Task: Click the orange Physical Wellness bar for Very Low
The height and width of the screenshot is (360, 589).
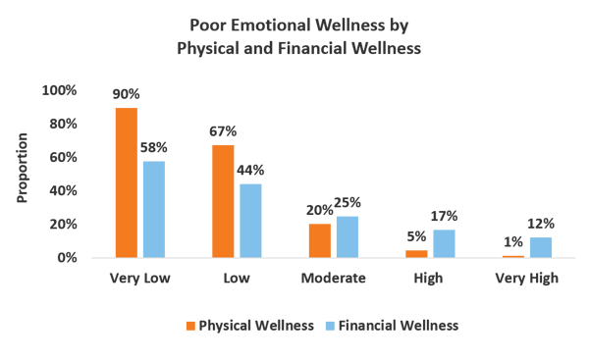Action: click(x=126, y=182)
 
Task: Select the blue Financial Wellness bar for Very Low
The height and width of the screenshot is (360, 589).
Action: click(x=154, y=209)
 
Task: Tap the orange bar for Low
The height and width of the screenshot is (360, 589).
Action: click(x=223, y=201)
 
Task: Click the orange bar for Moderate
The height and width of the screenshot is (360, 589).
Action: click(x=320, y=240)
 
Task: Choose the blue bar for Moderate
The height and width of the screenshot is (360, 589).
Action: click(x=348, y=236)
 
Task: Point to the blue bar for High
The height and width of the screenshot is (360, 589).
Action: click(x=444, y=243)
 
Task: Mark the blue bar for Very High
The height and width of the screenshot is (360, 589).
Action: click(x=540, y=247)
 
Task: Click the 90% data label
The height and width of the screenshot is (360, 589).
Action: click(x=127, y=94)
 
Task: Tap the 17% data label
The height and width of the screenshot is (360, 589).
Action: click(x=444, y=216)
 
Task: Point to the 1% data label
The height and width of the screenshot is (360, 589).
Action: click(x=513, y=242)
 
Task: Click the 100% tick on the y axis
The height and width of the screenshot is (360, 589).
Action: click(x=60, y=90)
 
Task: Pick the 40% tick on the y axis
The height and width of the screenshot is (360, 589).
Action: click(x=62, y=190)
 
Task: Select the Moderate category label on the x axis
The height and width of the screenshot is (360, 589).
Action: click(x=334, y=279)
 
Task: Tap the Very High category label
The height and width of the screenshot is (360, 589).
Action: click(x=526, y=279)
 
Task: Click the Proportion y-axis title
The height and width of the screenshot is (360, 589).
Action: click(x=23, y=168)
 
